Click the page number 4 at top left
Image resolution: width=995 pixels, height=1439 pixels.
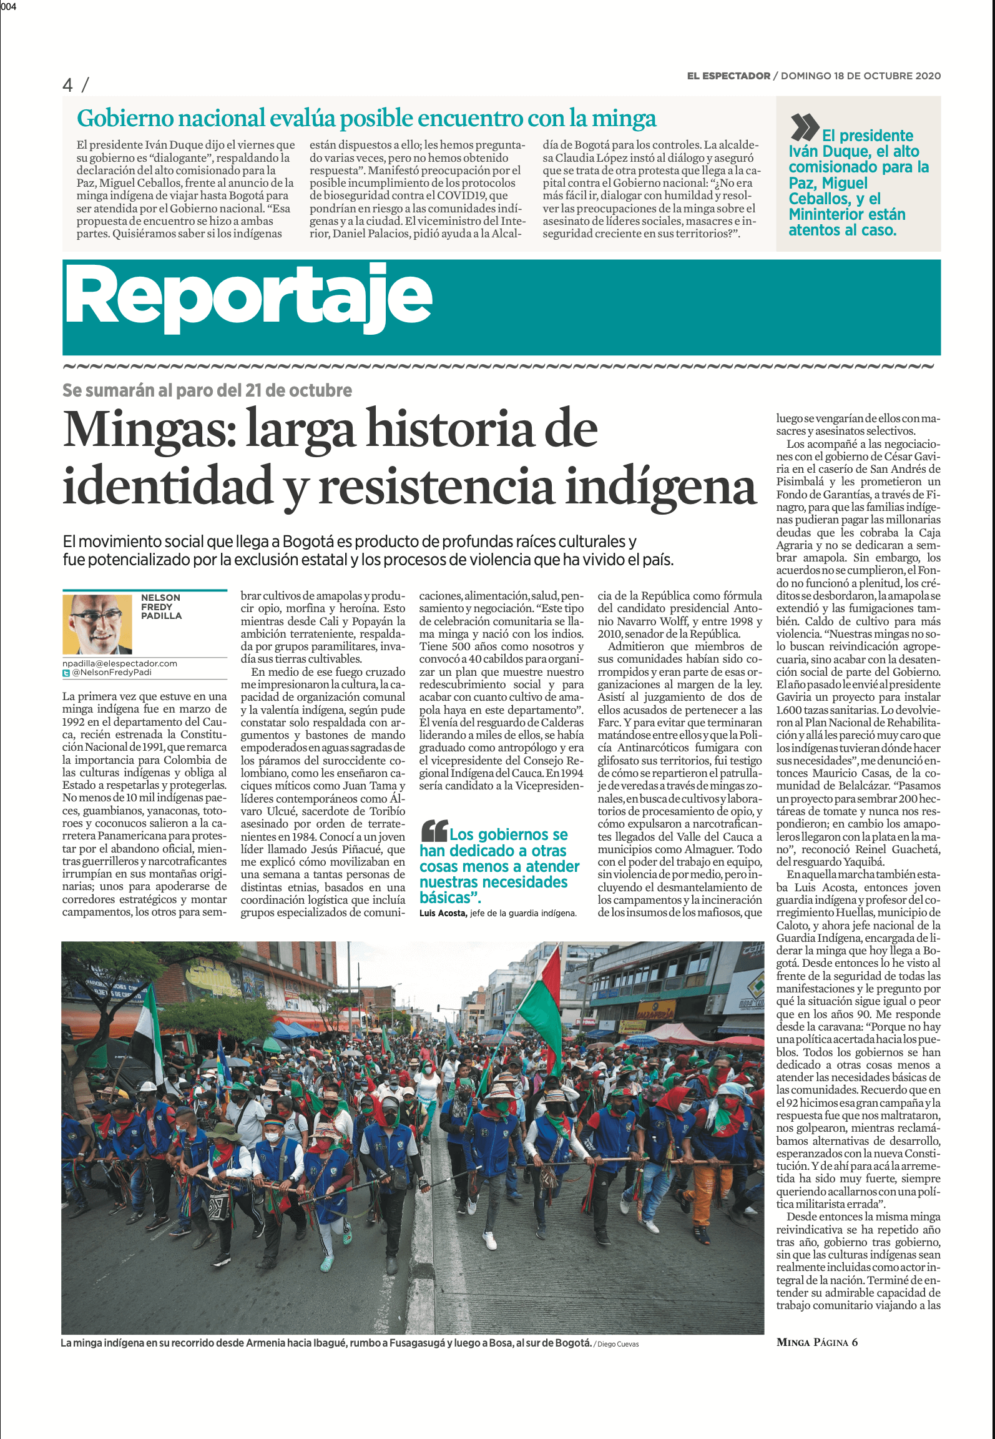click(68, 84)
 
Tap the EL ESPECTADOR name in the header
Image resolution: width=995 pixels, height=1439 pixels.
click(728, 76)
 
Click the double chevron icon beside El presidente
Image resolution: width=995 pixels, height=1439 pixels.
click(804, 127)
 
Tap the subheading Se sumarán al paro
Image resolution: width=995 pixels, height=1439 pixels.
click(207, 390)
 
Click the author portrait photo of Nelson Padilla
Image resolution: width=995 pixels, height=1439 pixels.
click(97, 623)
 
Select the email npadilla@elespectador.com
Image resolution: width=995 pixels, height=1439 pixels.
click(120, 663)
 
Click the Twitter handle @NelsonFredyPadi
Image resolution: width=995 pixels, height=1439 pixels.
click(112, 673)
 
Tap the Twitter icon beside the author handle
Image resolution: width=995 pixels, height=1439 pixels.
click(66, 673)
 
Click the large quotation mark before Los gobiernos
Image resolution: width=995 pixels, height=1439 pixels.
click(434, 830)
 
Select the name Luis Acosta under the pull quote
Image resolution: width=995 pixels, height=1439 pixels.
click(443, 913)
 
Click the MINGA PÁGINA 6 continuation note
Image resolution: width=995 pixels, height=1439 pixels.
click(816, 1342)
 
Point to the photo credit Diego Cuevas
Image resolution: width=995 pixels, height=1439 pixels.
click(617, 1344)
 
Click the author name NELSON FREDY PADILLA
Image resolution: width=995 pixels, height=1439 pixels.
click(161, 606)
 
